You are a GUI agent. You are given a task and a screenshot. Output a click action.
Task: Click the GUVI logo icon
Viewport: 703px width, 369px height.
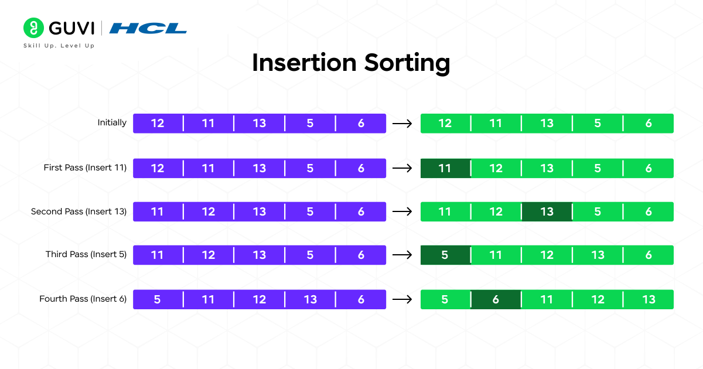pos(34,28)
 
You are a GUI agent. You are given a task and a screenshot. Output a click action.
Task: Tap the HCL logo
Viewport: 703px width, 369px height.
pos(148,28)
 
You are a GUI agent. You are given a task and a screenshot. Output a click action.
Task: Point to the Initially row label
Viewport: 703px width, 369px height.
pos(112,123)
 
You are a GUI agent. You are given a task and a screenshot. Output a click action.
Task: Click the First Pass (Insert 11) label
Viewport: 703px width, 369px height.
pos(85,168)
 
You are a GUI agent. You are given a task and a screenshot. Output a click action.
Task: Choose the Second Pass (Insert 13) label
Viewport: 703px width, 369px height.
pos(79,211)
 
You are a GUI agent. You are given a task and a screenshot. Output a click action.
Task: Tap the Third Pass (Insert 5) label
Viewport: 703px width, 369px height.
pos(86,255)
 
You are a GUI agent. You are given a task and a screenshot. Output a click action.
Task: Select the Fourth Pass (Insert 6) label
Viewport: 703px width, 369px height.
pos(83,299)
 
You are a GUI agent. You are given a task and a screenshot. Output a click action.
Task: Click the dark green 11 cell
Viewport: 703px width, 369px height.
pos(445,168)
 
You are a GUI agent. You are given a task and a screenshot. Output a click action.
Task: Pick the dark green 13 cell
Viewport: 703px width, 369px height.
pos(547,211)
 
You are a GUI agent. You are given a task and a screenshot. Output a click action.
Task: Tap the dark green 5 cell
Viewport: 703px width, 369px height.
pos(445,255)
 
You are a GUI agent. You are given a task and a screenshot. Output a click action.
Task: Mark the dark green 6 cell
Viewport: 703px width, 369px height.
pos(496,299)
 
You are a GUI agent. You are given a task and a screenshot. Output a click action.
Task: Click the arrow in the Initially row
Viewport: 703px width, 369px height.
pos(401,124)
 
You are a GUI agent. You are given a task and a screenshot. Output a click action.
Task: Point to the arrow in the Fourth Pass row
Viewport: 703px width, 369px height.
pos(401,299)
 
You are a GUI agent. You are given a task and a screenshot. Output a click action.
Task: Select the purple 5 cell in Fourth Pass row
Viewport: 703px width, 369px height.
pos(158,299)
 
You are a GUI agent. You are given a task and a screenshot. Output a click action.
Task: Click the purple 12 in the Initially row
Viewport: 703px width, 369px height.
pos(158,124)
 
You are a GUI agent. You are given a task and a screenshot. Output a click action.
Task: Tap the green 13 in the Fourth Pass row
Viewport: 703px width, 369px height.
pos(649,299)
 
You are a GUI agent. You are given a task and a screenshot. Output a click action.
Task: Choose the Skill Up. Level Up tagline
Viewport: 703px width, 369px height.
pos(59,46)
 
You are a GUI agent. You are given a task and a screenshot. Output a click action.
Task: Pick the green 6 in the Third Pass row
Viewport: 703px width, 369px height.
pos(649,255)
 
